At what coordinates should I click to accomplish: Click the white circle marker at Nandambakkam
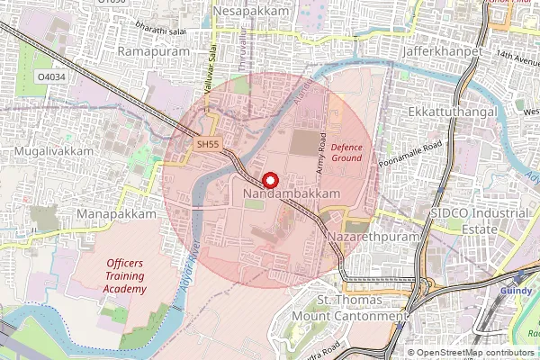[x=267, y=178]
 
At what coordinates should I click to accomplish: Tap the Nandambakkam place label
[x=292, y=193]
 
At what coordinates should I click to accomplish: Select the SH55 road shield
[x=208, y=144]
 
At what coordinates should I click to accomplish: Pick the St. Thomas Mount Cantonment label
[x=359, y=308]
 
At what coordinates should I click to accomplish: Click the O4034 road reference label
[x=52, y=77]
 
